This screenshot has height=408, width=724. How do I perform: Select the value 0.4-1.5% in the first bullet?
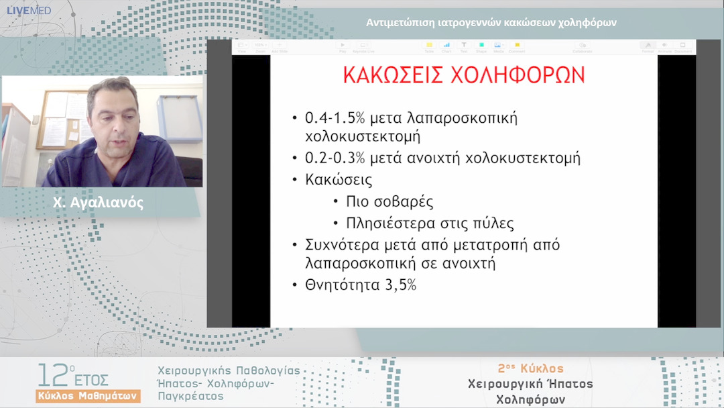[x=335, y=117]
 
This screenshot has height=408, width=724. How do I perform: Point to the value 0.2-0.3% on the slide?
[x=335, y=159]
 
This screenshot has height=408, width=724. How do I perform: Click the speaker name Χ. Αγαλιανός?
[x=99, y=203]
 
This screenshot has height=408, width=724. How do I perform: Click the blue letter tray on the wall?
[x=180, y=118]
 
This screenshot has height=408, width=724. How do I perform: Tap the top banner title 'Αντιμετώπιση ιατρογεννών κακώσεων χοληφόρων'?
[x=491, y=22]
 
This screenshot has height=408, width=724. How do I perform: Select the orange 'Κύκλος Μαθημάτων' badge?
[x=88, y=395]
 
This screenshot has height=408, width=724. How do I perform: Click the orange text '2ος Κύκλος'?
[x=530, y=368]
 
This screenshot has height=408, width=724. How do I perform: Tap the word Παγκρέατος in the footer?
[x=190, y=397]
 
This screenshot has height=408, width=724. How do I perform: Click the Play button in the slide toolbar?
[x=343, y=46]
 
